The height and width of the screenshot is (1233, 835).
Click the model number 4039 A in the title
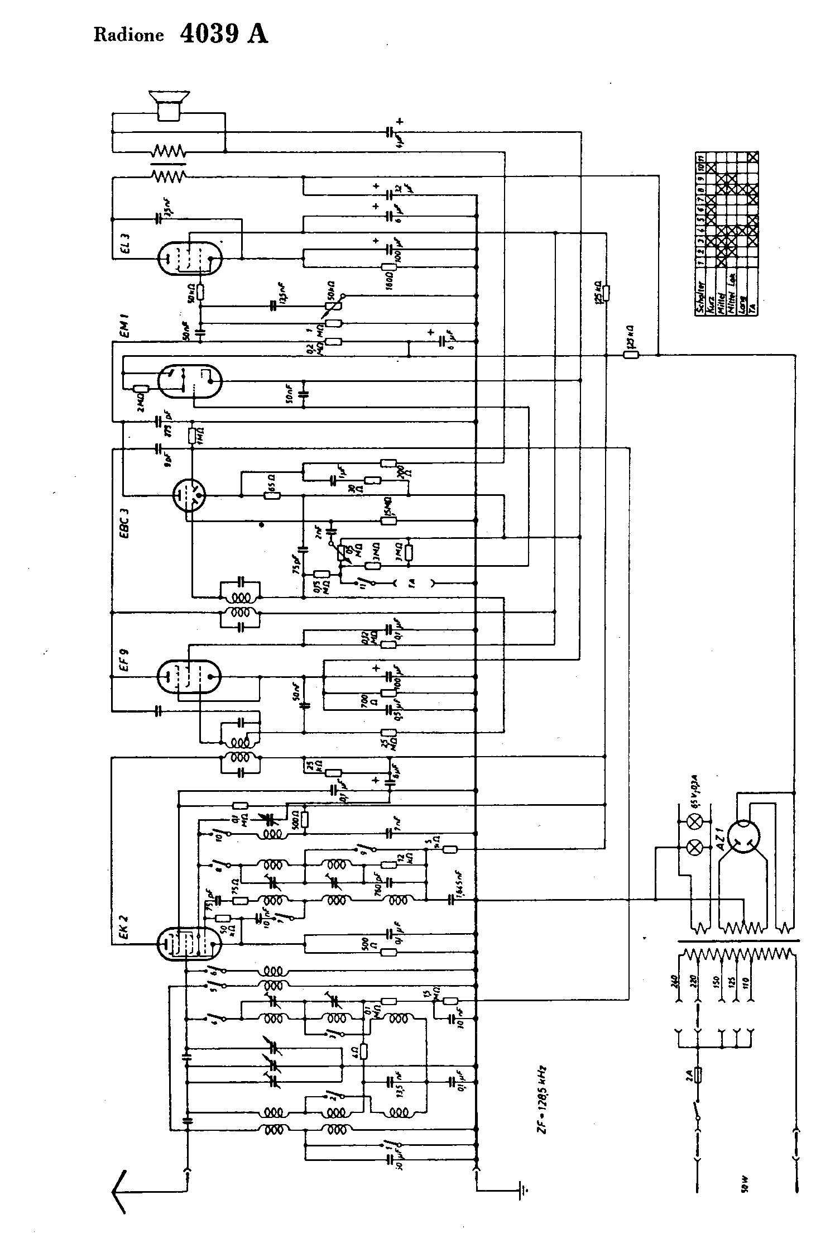[x=224, y=34]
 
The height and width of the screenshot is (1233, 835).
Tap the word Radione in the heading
[x=128, y=36]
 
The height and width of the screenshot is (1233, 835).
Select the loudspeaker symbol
[x=169, y=104]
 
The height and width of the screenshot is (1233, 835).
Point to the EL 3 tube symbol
[x=189, y=258]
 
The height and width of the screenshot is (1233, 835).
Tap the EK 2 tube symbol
[x=189, y=944]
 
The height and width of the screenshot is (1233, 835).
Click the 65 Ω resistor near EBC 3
[x=272, y=495]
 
